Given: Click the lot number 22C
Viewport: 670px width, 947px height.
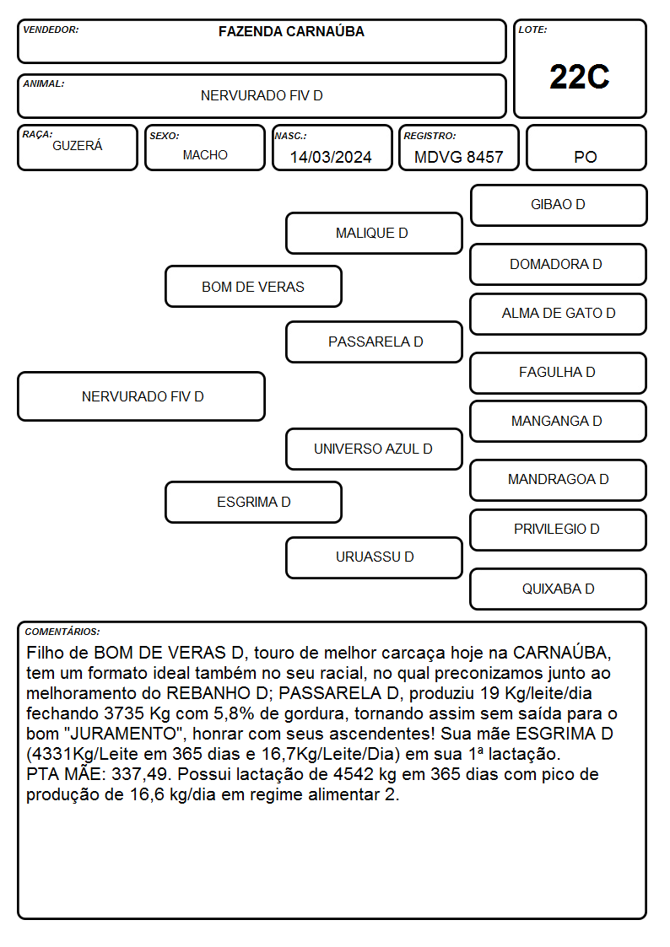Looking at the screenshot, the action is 580,78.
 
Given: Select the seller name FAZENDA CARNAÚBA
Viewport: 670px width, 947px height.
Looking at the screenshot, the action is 291,31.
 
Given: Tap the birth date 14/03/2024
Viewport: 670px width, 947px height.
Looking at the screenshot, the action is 331,157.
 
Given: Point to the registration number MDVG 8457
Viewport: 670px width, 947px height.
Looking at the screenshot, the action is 458,157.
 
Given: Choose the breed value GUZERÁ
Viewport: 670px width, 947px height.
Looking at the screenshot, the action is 78,146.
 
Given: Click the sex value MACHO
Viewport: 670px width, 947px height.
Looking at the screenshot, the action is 205,155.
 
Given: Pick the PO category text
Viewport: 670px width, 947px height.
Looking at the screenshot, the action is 586,157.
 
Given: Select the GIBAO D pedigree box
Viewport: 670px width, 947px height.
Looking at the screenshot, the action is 559,206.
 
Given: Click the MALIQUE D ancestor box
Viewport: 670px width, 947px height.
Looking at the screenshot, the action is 374,233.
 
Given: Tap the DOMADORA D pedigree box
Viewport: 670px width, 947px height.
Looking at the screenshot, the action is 559,264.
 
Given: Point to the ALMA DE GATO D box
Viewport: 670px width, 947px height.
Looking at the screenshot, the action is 559,314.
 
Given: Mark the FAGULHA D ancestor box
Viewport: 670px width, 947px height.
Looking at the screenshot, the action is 559,373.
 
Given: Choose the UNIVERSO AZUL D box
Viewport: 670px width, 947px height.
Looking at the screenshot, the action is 374,449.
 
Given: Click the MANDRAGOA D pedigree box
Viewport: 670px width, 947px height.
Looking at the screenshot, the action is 559,480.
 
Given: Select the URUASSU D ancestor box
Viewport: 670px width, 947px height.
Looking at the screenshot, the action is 374,557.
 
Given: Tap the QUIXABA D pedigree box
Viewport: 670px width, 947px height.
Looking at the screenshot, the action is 559,589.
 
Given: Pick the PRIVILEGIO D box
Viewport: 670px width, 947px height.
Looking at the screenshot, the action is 559,530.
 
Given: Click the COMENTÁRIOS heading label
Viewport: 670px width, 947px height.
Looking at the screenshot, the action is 62,632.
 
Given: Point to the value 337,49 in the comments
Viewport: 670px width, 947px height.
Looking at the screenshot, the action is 139,774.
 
